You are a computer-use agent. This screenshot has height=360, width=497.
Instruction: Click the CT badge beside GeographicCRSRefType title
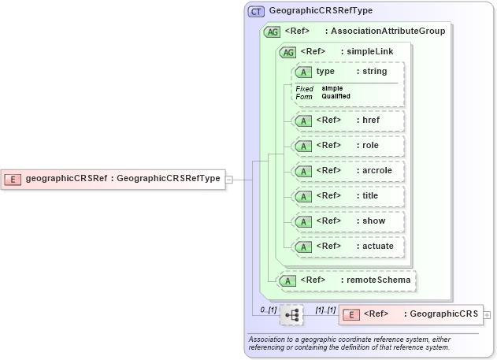click(257, 11)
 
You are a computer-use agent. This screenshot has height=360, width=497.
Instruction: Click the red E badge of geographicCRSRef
click(13, 179)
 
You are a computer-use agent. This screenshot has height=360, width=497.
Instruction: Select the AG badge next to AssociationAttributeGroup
click(273, 32)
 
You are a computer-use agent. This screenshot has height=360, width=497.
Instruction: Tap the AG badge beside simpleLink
click(288, 52)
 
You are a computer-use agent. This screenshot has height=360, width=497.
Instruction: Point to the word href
click(371, 121)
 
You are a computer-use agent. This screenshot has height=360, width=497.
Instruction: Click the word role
click(370, 146)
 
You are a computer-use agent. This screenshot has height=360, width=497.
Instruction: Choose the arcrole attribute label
click(376, 170)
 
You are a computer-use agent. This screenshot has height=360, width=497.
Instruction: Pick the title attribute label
click(370, 195)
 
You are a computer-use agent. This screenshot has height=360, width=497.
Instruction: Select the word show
click(373, 221)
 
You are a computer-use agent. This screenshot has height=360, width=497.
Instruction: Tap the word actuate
click(377, 246)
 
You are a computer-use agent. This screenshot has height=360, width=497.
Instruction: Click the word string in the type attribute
click(375, 72)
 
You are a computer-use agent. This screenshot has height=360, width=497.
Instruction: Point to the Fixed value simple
click(332, 88)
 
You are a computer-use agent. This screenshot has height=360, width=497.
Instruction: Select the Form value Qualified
click(336, 96)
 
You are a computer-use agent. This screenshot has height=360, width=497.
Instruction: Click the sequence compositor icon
click(291, 315)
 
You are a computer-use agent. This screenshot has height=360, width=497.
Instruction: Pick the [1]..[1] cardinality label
click(325, 310)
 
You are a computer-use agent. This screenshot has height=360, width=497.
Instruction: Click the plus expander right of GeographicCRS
click(487, 314)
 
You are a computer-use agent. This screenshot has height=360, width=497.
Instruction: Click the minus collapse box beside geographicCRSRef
click(228, 179)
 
